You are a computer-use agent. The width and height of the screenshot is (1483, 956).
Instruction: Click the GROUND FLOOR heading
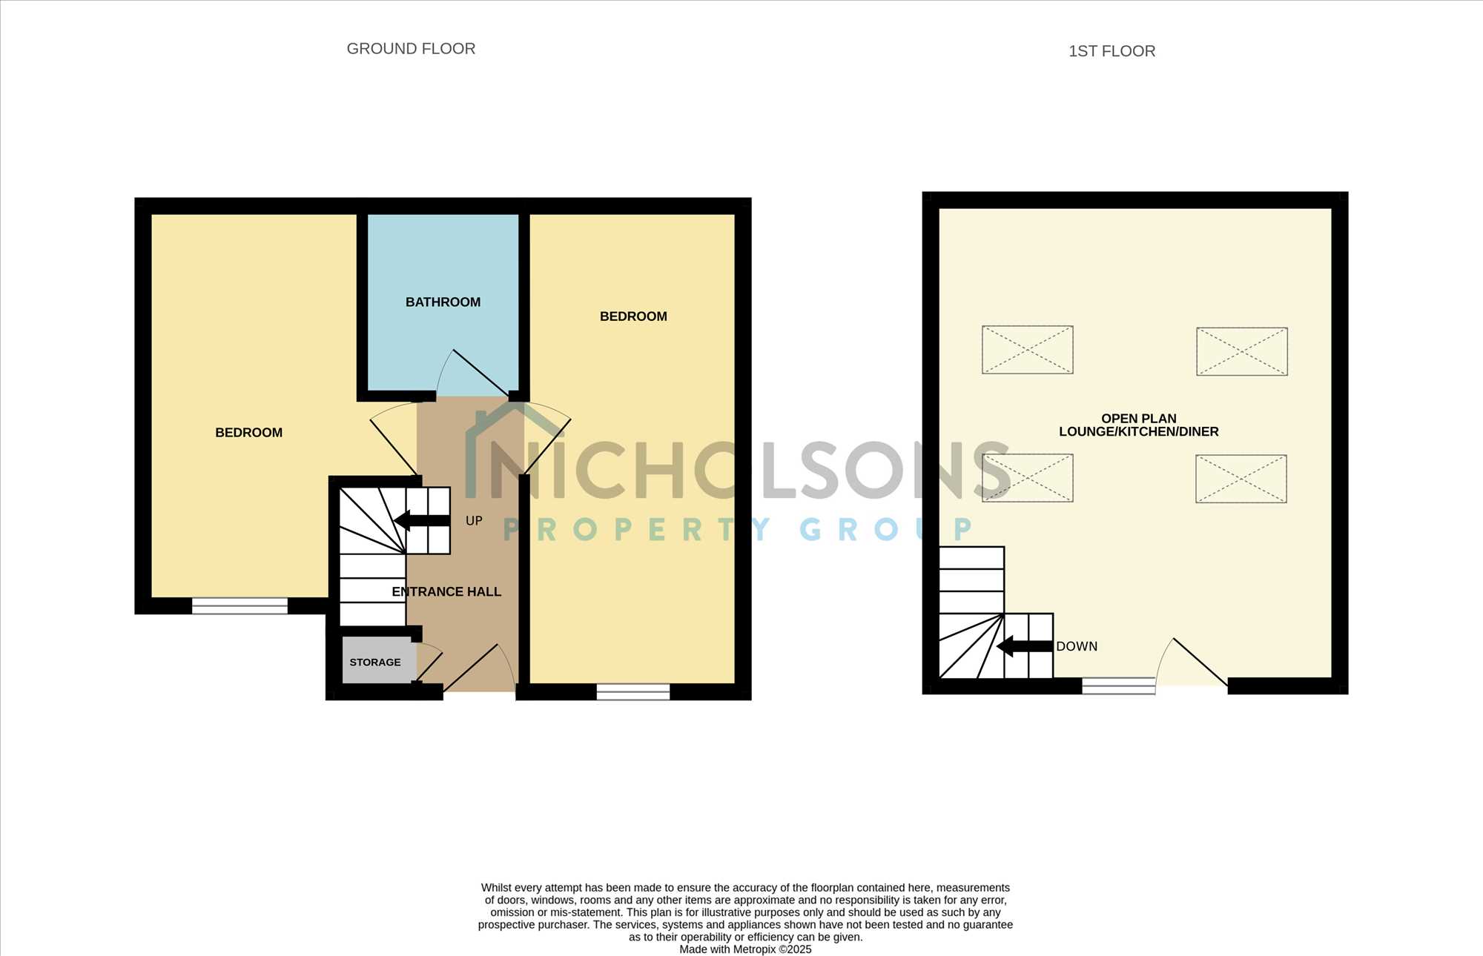tap(411, 49)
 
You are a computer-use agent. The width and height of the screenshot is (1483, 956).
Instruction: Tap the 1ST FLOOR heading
tap(1112, 51)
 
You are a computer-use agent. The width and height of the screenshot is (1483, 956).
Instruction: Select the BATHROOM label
tap(443, 302)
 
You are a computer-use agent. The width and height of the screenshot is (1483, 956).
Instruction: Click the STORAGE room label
tap(375, 663)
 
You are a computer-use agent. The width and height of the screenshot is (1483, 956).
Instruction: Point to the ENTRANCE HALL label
tap(446, 591)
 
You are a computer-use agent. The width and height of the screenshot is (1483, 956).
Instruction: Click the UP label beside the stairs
tap(474, 521)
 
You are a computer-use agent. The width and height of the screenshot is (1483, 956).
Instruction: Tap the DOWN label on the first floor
tap(1077, 646)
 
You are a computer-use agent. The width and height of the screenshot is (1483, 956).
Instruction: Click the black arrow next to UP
tap(422, 520)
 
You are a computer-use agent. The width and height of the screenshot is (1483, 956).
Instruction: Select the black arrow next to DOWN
tap(1025, 646)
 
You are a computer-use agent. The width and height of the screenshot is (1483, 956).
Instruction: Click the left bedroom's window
tap(240, 606)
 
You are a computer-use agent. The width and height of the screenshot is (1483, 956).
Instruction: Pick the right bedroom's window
tap(633, 692)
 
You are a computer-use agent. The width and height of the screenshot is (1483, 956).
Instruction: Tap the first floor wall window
tap(1118, 686)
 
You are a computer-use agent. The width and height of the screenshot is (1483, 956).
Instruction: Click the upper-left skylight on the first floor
tap(1028, 350)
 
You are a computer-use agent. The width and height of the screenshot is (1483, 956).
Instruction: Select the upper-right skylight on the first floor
tap(1242, 351)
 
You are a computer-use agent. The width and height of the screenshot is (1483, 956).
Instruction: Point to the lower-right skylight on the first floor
tap(1241, 479)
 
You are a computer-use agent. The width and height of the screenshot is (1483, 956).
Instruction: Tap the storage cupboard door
tap(429, 662)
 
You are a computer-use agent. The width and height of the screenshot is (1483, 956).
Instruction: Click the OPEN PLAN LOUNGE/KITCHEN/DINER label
tap(1138, 425)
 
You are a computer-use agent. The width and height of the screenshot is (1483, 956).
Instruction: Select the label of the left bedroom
tap(248, 433)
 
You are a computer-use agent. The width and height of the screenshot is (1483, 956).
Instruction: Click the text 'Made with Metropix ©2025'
tap(745, 949)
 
